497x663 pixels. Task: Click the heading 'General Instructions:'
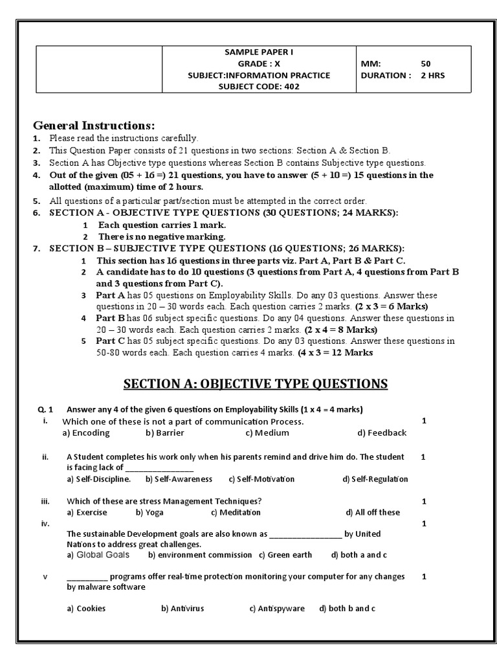pos(94,125)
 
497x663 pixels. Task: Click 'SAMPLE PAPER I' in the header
pos(254,52)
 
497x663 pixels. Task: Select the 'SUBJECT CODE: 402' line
pos(254,87)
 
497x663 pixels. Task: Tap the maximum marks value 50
pos(425,64)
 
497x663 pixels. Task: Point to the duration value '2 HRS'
pos(432,75)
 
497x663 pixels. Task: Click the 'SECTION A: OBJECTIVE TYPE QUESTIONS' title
pos(256,384)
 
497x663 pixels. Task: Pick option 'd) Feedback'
pos(382,433)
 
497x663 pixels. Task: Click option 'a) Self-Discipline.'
pos(99,479)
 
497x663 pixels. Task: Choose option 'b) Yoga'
pos(148,512)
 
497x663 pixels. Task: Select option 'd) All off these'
pos(373,512)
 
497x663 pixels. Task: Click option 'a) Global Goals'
pos(98,555)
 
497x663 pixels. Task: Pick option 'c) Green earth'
pos(285,555)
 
